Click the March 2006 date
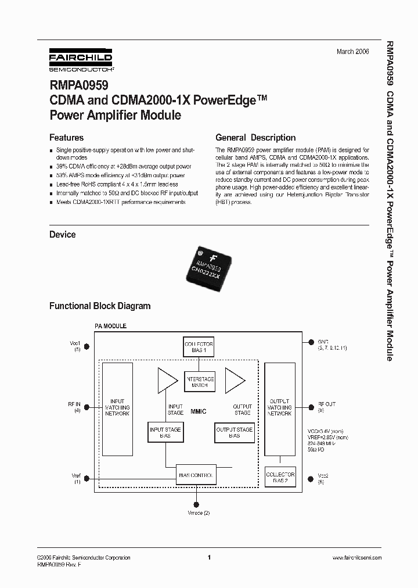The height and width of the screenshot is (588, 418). [x=352, y=52]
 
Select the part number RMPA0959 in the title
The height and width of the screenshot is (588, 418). [x=75, y=87]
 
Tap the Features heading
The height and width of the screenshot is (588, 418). [x=66, y=138]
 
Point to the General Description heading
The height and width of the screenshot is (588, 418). [x=255, y=138]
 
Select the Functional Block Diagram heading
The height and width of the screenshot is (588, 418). [x=100, y=306]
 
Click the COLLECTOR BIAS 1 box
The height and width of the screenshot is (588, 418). [x=199, y=347]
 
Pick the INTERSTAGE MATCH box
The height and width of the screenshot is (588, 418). [x=199, y=382]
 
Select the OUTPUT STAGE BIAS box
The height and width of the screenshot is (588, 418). [x=234, y=433]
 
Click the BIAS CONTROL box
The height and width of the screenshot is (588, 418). [x=196, y=475]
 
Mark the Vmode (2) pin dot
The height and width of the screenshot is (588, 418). [x=197, y=504]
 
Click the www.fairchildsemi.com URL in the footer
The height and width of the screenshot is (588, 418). [x=356, y=558]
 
